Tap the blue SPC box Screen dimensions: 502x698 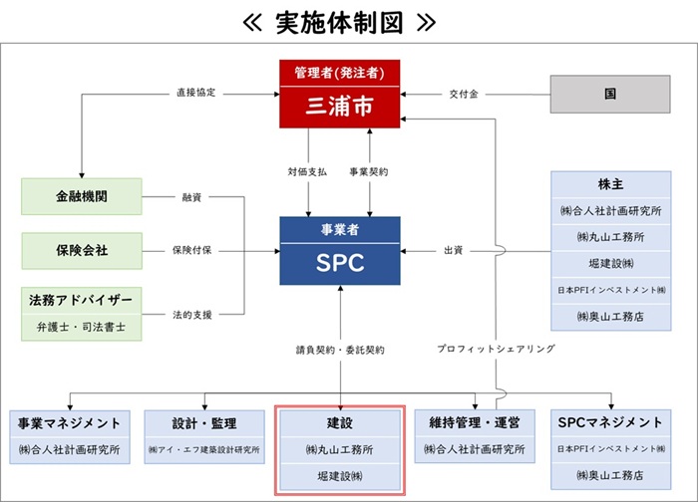coord(339,261)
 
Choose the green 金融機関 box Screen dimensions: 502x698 coord(83,196)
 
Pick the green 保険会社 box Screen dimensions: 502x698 coord(83,249)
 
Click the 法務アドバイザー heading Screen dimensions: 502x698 coord(83,301)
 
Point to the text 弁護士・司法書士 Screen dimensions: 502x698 coord(83,326)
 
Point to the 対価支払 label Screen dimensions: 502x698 coord(306,172)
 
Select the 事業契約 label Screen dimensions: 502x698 coord(370,172)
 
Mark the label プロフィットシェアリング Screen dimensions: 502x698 coord(496,350)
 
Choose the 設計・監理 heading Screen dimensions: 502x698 coord(205,423)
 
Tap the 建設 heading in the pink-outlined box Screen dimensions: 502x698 coord(339,423)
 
